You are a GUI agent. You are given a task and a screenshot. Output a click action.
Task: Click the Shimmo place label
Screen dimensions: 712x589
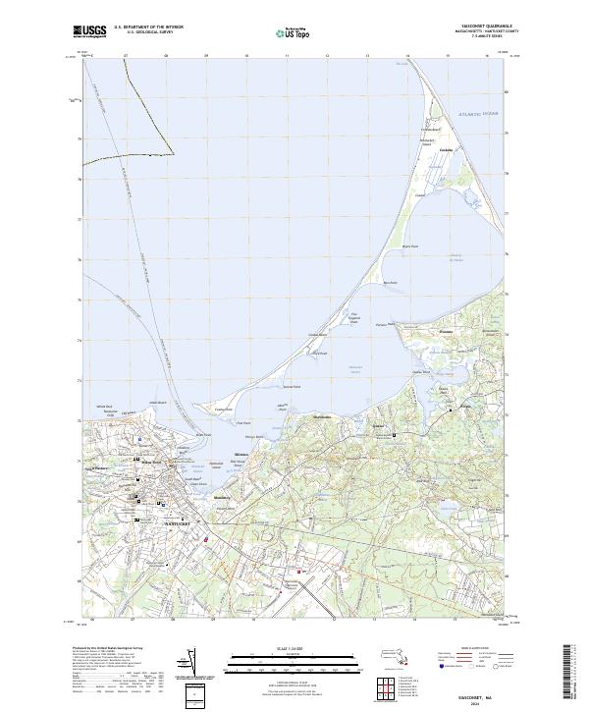click(x=241, y=457)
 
